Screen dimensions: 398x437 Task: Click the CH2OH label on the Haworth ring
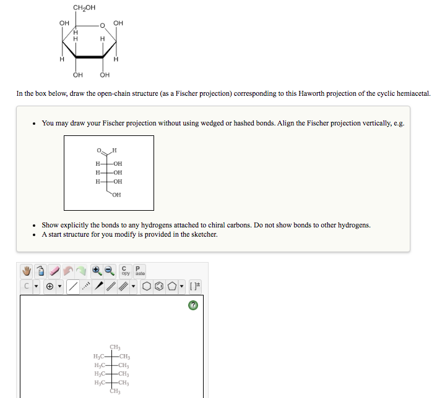coord(84,7)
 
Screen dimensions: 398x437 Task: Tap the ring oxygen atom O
coord(103,25)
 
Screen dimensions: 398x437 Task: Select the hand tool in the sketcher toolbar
coord(27,271)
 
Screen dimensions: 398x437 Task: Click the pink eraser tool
coord(54,271)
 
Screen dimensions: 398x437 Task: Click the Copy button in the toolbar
coord(126,271)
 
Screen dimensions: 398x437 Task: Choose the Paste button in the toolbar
coord(140,271)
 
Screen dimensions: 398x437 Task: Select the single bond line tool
coord(73,287)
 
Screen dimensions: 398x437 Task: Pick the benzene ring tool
coord(158,287)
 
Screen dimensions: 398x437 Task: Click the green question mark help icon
coord(193,305)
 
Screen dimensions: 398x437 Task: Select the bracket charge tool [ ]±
coord(195,287)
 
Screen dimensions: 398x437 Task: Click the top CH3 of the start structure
coord(115,347)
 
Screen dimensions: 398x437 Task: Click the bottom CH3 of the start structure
coord(115,391)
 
